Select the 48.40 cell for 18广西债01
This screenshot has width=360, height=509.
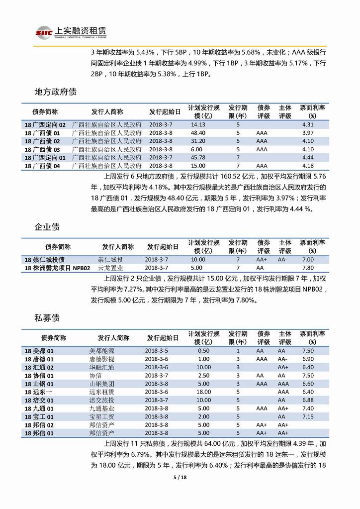click(x=198, y=133)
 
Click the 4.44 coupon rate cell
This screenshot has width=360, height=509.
click(x=308, y=157)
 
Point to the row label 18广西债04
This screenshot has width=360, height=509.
click(x=42, y=166)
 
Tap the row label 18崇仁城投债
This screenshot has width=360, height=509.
click(x=44, y=260)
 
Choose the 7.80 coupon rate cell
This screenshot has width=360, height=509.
click(x=308, y=268)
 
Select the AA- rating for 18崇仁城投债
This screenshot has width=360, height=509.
click(x=283, y=260)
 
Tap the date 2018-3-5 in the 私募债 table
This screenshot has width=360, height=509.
click(x=157, y=351)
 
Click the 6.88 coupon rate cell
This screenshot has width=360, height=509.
click(x=308, y=400)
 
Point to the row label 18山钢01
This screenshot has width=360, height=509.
click(x=39, y=384)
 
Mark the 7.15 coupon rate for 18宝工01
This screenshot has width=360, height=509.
click(x=308, y=416)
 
